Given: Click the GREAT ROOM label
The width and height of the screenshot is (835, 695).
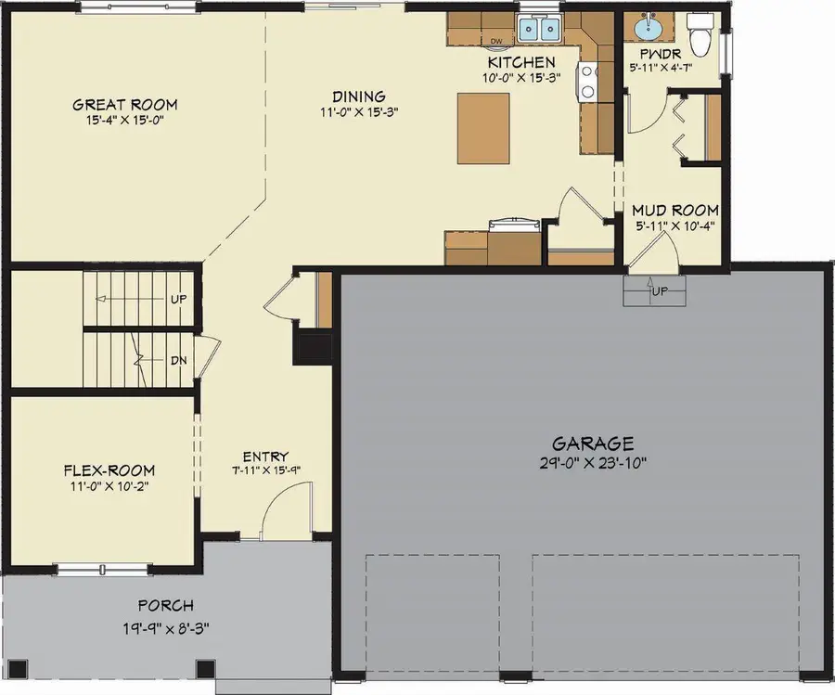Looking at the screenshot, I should coord(124,104).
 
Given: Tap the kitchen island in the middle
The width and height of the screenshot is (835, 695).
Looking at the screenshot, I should coord(482,128).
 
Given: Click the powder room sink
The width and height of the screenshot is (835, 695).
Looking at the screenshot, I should coord(647,30).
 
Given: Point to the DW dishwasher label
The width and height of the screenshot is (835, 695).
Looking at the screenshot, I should coord(495,41).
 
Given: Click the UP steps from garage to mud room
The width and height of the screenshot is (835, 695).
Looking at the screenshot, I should coord(656,293).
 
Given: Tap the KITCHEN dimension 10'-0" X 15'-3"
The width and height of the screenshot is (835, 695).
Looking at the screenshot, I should coord(521,78).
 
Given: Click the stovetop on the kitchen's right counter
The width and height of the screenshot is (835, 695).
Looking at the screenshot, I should coord(588,81).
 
